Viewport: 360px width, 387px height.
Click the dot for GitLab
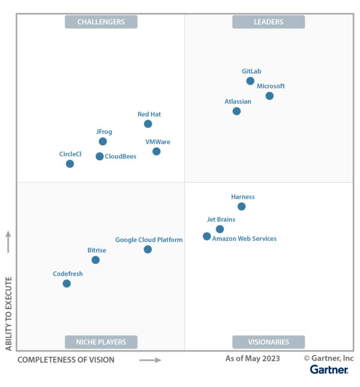250,81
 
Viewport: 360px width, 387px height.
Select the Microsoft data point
269,96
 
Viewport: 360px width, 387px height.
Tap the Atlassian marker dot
236,111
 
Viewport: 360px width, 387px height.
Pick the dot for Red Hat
148,124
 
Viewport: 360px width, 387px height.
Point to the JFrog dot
103,142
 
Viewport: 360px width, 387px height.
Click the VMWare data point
156,151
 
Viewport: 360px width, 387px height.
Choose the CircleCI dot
70,164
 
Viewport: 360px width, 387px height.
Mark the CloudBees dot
100,157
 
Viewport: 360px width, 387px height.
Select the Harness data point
241,206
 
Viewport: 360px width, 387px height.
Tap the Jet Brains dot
220,229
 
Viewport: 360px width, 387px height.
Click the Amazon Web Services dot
207,236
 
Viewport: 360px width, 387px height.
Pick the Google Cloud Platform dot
148,250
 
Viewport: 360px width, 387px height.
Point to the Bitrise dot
95,260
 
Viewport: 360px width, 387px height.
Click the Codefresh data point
67,284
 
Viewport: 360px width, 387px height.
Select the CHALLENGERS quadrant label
101,22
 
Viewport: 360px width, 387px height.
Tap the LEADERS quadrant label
268,22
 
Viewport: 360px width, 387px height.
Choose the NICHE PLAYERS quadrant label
101,342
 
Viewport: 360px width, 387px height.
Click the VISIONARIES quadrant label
268,342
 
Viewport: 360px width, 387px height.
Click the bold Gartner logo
329,370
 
